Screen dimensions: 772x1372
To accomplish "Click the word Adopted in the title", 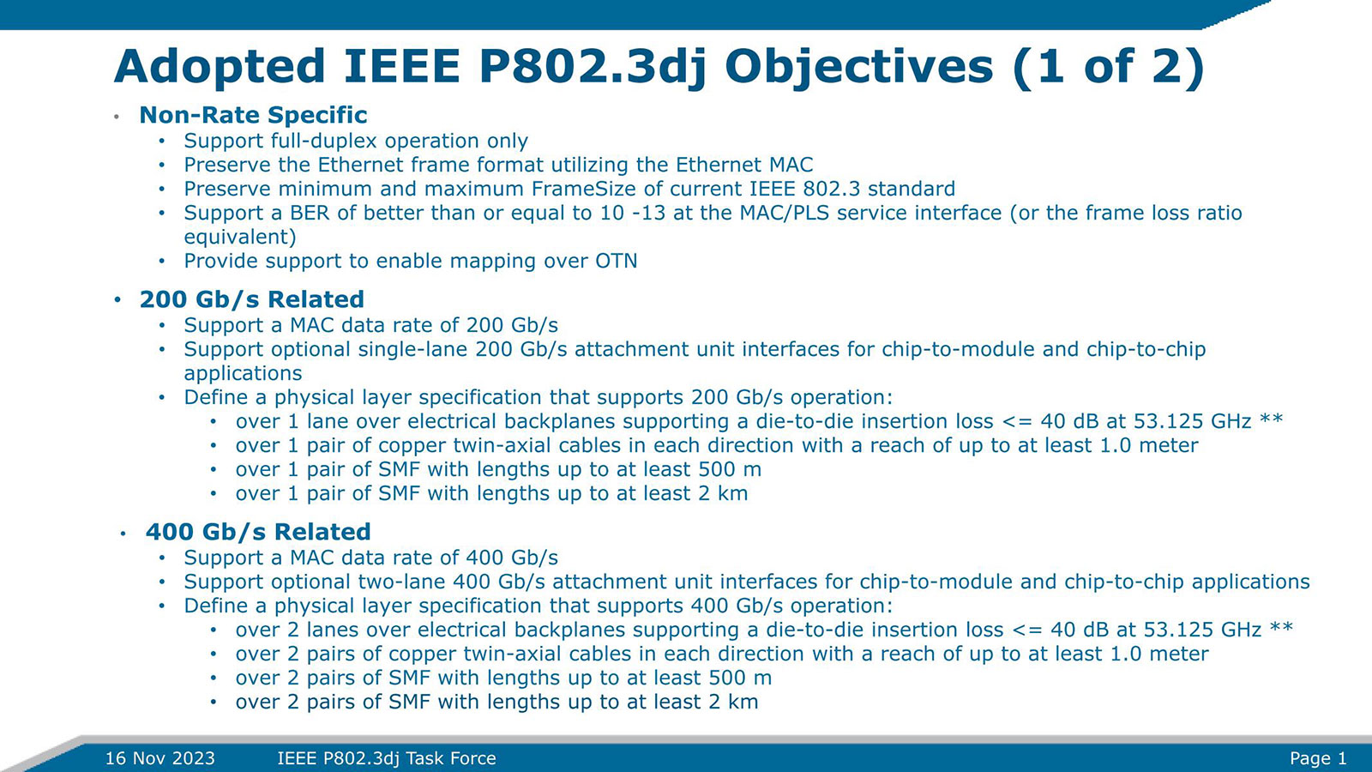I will pos(220,67).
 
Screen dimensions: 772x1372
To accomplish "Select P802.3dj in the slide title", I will pos(593,67).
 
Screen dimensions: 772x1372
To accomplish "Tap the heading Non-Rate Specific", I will pos(253,115).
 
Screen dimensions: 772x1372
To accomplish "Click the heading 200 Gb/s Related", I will pos(251,299).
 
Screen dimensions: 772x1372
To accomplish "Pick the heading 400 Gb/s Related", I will pos(258,532).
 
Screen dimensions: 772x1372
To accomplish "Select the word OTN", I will pos(616,261).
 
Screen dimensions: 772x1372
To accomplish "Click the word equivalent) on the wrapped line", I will pos(240,237).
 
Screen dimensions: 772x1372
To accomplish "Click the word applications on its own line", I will pos(243,373).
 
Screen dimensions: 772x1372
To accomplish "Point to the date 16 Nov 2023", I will pos(159,758).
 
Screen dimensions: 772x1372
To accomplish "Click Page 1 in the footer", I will pos(1318,758).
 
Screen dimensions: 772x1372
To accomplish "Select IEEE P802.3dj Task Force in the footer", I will pos(387,758).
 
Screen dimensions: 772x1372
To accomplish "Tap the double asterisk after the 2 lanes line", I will pos(1281,629).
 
